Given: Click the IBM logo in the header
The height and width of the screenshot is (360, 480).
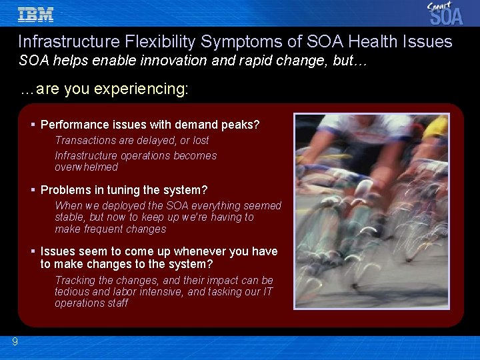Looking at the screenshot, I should coord(36,14).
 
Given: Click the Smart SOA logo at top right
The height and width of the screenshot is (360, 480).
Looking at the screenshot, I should coord(445,13).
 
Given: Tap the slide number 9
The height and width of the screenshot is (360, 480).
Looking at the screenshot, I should coord(15,342).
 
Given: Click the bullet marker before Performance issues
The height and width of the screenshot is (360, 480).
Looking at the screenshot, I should coord(33,125).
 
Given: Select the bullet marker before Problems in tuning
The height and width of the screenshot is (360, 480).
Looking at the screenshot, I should coord(33,190).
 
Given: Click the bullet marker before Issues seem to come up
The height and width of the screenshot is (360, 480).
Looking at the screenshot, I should coord(33,251).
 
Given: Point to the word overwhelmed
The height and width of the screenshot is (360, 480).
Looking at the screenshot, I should coord(86,167).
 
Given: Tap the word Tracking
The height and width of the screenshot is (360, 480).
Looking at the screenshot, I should coord(75,281).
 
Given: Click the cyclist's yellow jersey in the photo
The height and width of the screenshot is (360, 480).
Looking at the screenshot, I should coord(436,126).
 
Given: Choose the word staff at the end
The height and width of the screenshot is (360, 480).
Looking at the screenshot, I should coord(117,303).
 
